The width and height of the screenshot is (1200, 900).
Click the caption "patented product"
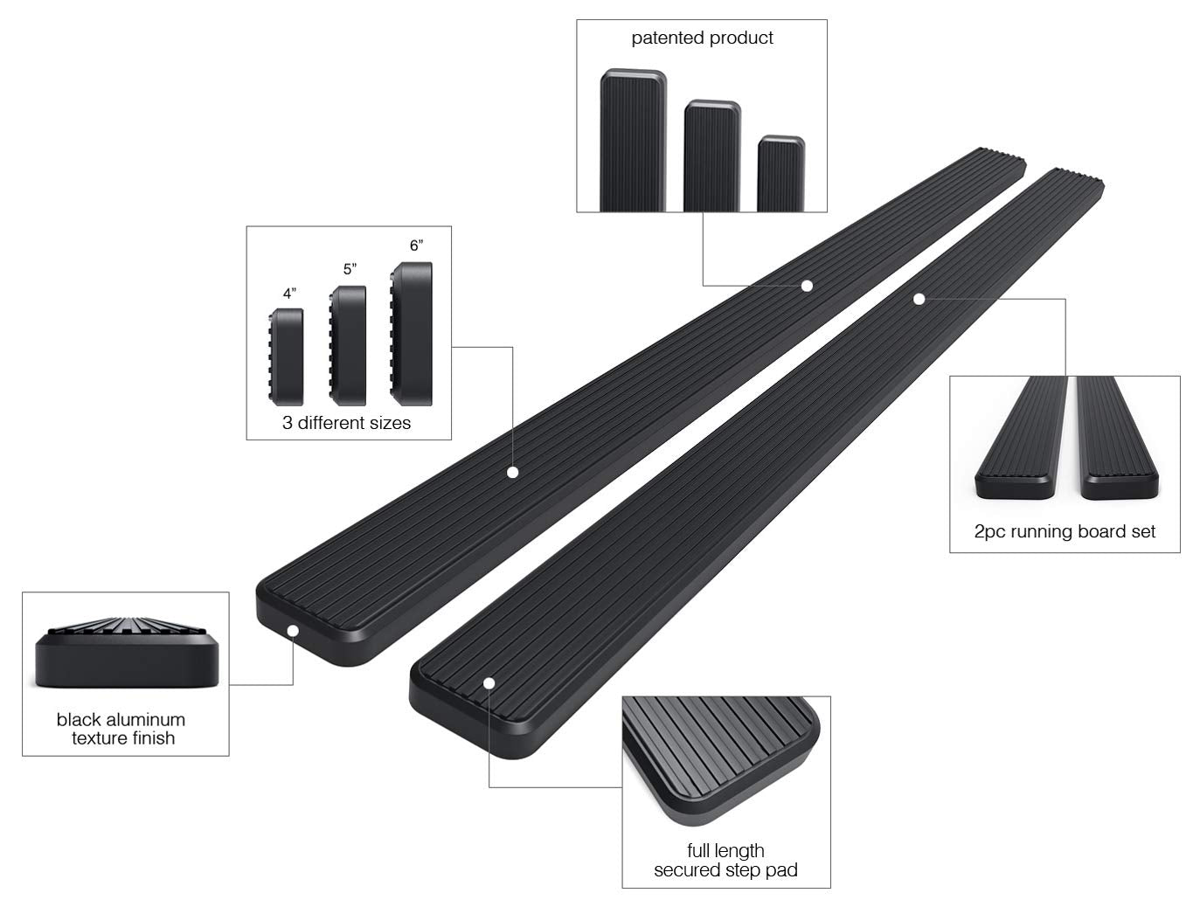tap(702, 38)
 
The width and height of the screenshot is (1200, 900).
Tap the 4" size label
tap(289, 294)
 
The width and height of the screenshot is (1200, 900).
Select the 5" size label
tap(350, 269)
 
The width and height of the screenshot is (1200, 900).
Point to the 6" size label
tap(416, 246)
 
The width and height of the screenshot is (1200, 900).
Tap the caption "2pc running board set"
tap(1065, 531)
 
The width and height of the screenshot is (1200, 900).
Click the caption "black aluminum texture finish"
tap(121, 729)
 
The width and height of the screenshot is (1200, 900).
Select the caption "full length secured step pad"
tap(725, 860)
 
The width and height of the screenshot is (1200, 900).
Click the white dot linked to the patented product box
tap(807, 286)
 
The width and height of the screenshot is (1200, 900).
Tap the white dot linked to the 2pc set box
tap(919, 299)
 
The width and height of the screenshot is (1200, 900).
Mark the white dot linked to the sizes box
tap(513, 472)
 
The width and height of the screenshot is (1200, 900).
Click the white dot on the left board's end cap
tap(294, 631)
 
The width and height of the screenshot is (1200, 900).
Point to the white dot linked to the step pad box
tap(489, 682)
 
